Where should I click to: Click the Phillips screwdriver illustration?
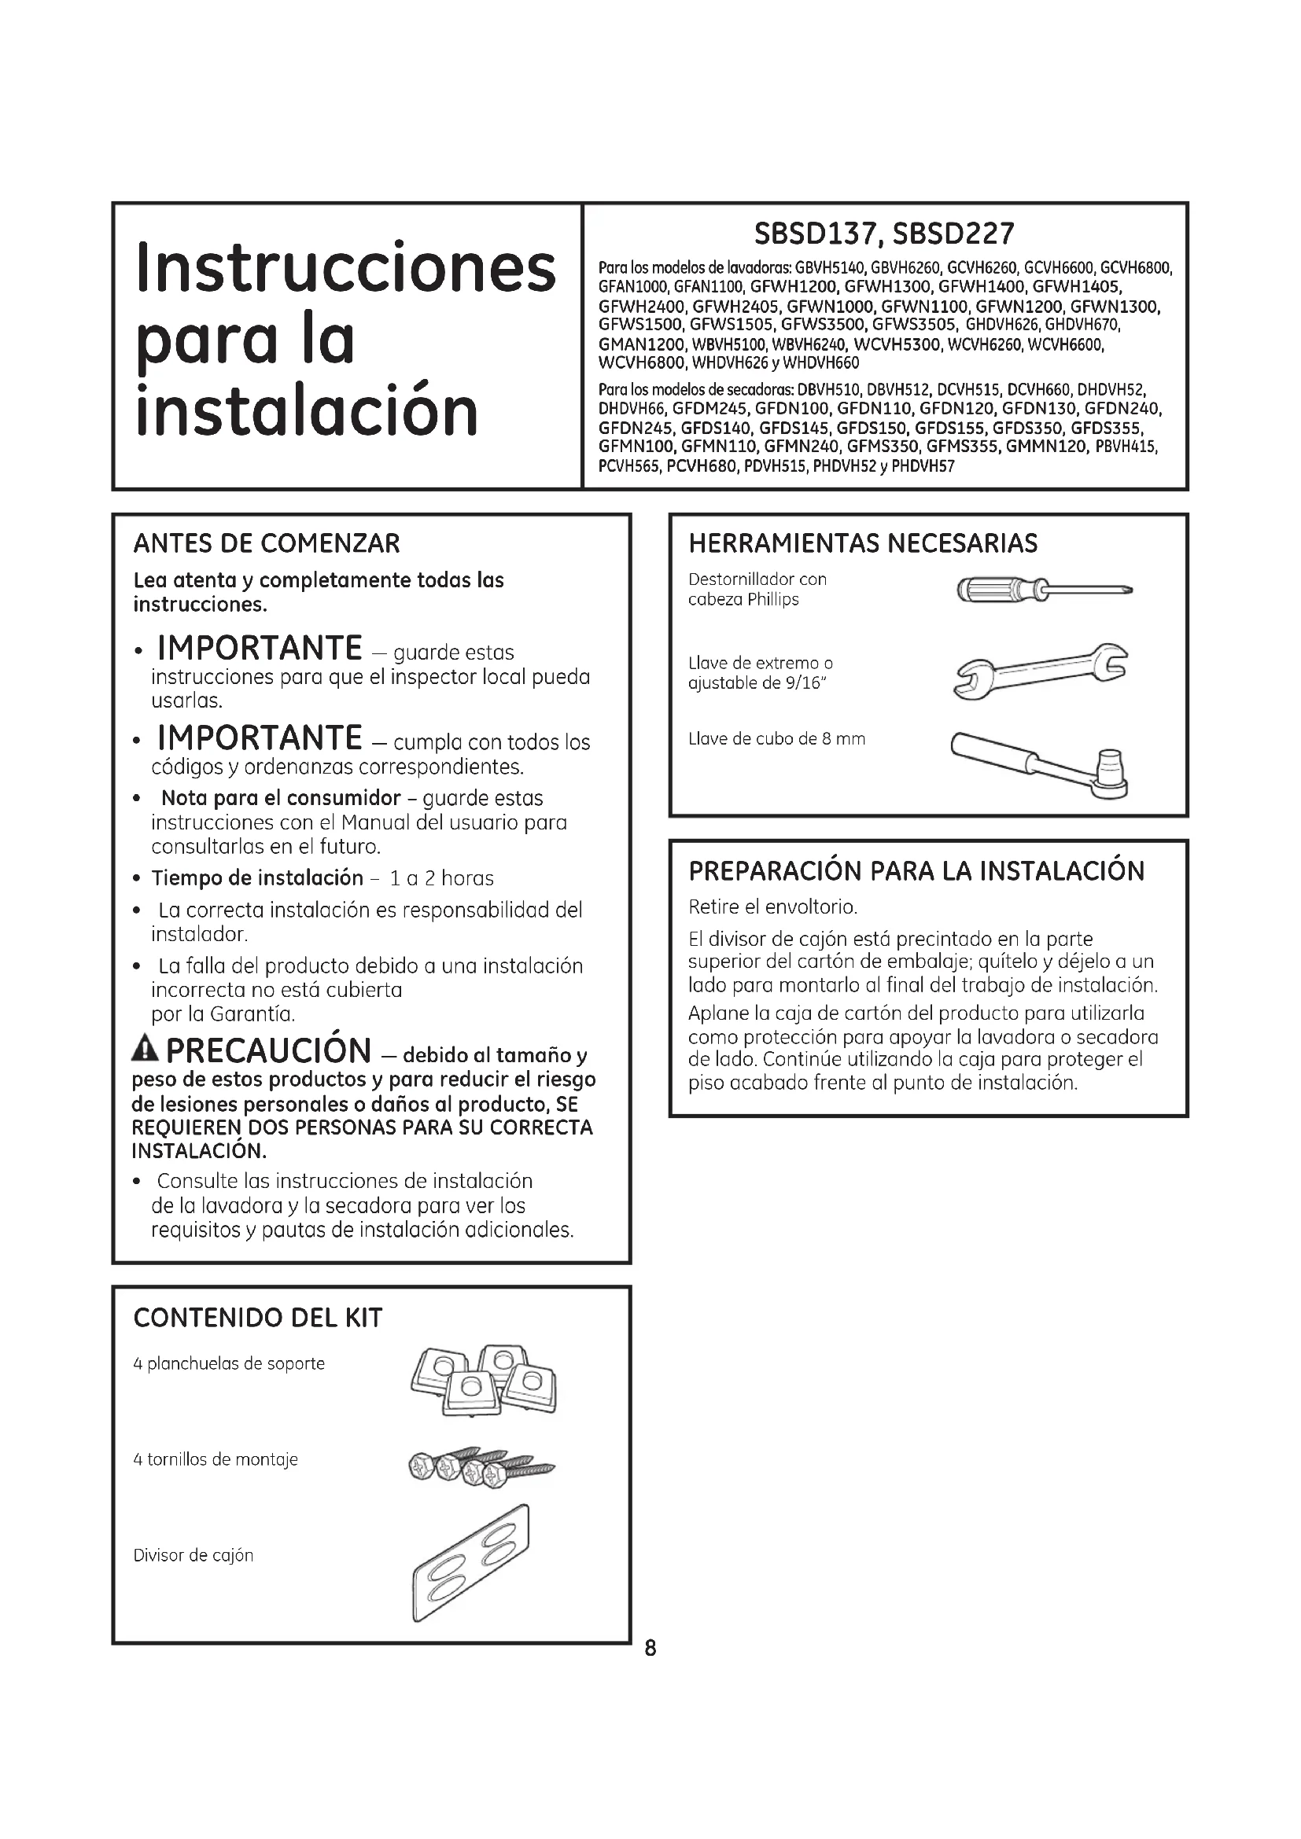(1044, 591)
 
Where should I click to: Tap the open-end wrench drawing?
(1040, 669)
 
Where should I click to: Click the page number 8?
(650, 1648)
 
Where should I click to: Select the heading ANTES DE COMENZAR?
(266, 544)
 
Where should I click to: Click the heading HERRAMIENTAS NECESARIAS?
(863, 544)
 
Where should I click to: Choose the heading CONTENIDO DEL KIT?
(257, 1318)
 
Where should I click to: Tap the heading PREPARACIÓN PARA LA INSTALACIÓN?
(916, 870)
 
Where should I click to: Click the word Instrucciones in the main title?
(345, 267)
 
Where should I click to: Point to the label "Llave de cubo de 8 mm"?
(776, 738)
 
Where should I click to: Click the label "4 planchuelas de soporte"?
(229, 1364)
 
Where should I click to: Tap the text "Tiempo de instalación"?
(257, 878)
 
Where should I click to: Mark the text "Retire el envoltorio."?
(772, 907)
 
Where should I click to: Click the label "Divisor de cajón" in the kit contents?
(193, 1555)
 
